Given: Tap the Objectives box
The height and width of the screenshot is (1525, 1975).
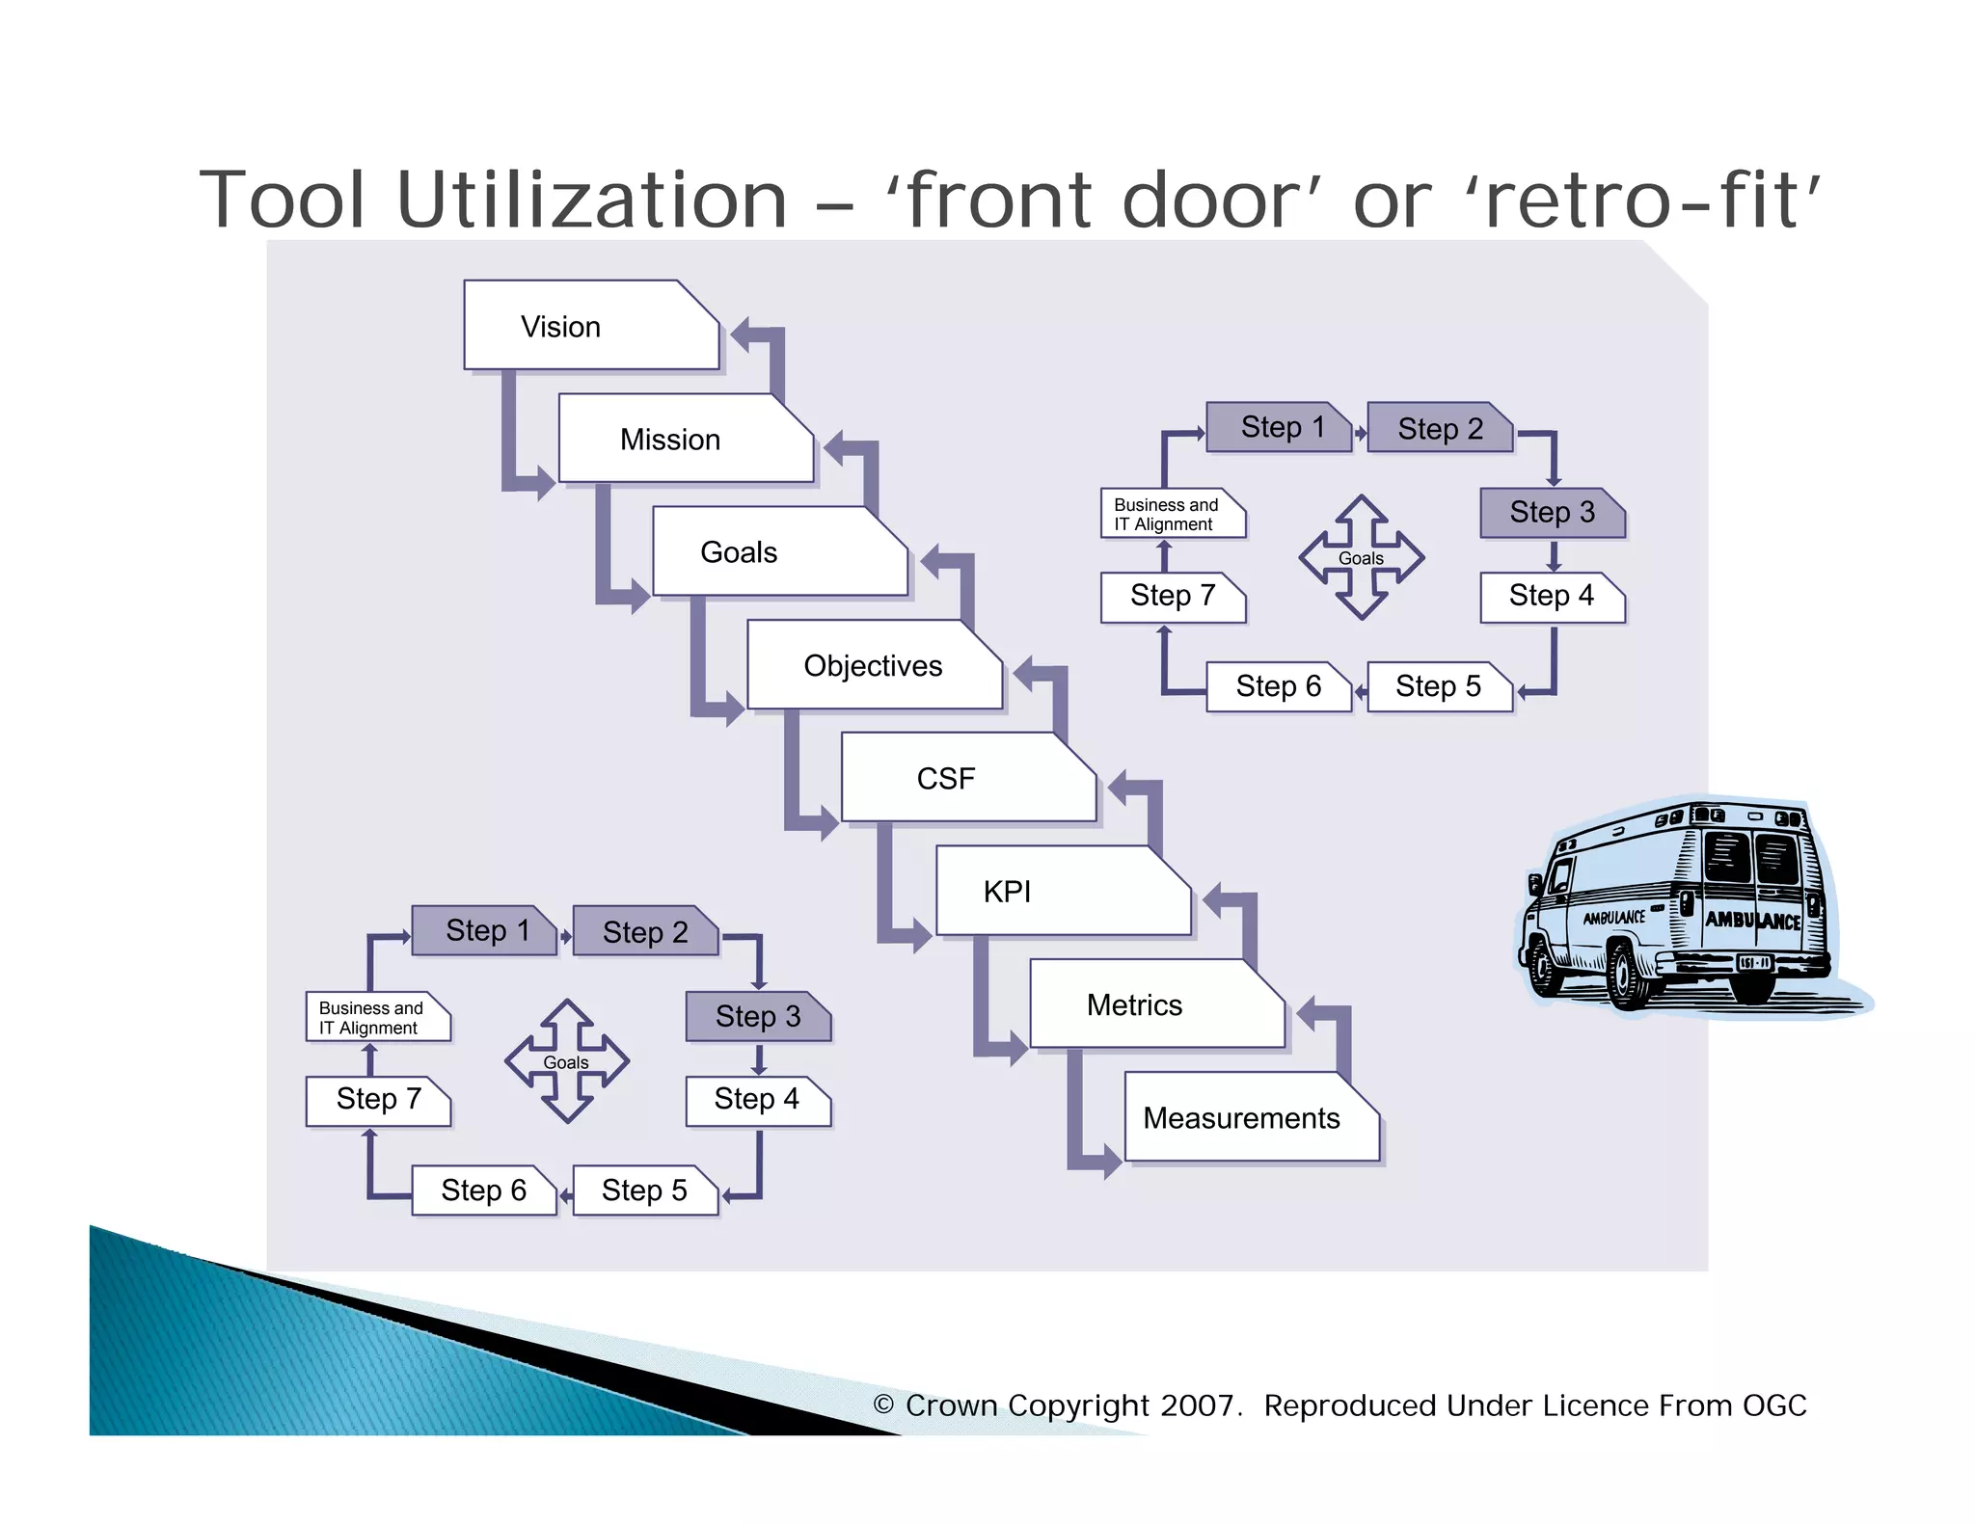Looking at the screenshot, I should click(874, 665).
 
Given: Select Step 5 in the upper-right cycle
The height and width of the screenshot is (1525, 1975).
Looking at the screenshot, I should click(1438, 686).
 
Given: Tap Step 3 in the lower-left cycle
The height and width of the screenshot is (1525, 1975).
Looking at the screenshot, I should click(758, 1016).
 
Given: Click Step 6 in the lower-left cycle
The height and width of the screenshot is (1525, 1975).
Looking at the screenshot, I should click(483, 1191).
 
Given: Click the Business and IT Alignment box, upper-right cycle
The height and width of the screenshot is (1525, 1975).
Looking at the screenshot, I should click(1171, 514).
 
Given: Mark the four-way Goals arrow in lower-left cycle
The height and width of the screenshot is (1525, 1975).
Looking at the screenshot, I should click(567, 1061).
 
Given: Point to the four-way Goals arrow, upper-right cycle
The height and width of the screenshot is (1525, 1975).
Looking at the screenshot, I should click(1362, 557).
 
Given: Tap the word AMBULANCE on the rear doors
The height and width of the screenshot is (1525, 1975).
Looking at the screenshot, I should click(1751, 920).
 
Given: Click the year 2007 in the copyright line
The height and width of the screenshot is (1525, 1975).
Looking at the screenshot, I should click(1196, 1405).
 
